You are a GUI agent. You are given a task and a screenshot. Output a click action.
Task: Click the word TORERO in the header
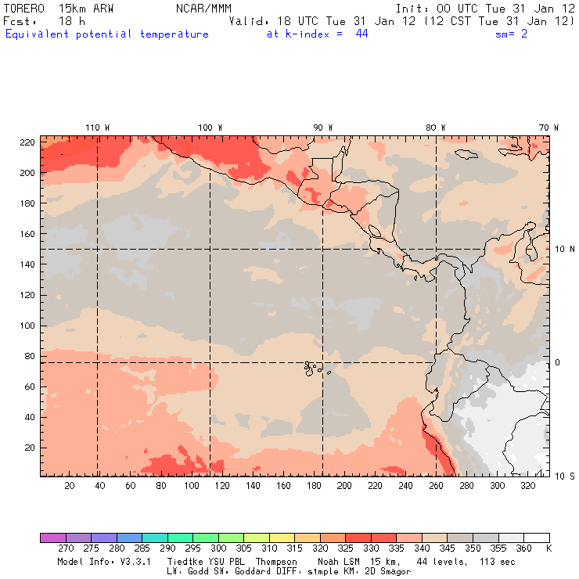[x=24, y=8]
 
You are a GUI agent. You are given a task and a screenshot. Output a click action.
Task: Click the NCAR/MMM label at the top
[x=203, y=8]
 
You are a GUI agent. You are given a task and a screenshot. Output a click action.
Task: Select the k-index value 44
[x=361, y=34]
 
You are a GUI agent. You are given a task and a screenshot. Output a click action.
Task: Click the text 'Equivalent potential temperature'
[x=107, y=34]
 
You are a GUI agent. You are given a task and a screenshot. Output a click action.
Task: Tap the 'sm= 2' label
[x=512, y=34]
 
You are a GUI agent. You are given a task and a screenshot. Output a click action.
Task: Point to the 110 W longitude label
[x=97, y=127]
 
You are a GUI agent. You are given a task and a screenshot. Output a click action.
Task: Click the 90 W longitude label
[x=322, y=127]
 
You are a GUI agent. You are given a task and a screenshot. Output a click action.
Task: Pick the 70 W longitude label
[x=549, y=127]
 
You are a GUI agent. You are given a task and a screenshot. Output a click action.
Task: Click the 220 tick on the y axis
[x=27, y=142]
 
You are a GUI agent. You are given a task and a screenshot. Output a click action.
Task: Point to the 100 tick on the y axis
[x=27, y=325]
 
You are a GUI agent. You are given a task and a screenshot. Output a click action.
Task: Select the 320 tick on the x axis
[x=528, y=486]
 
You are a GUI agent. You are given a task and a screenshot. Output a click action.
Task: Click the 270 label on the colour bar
[x=65, y=549]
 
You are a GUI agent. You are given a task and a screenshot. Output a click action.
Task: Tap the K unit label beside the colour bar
[x=548, y=549]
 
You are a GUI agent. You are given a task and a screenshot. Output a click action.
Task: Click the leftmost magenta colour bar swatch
[x=52, y=538]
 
